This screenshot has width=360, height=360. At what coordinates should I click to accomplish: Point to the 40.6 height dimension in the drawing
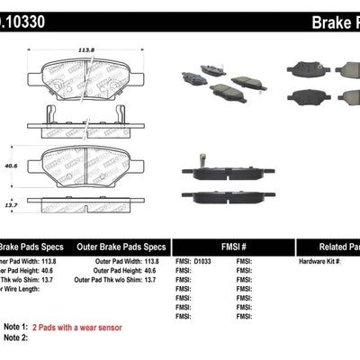tap(12, 165)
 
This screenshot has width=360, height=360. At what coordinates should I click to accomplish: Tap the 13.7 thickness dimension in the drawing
tap(9, 205)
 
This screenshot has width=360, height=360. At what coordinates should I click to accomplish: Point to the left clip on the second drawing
tap(50, 112)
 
